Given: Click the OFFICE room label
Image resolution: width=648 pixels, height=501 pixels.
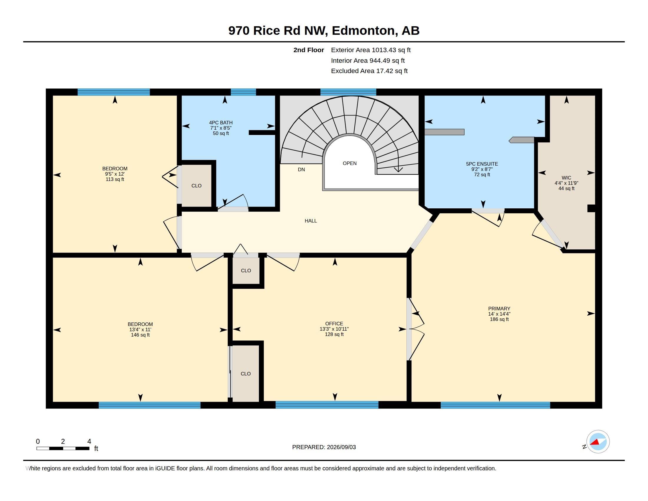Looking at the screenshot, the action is coord(334,324).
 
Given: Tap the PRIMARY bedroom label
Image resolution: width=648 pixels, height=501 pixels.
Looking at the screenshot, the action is coord(499,308).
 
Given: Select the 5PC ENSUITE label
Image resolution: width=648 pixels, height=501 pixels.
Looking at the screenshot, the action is coord(482,164).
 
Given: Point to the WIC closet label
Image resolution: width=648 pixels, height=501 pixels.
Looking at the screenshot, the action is coord(566,178).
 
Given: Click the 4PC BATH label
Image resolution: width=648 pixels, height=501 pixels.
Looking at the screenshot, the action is coord(221,123).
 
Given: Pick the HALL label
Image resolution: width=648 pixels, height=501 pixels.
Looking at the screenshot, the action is coord(311,221).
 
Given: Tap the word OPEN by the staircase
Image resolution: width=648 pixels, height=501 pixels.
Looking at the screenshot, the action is coord(350,163).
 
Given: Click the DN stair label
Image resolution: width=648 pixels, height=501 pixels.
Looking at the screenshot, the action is coord(301,169).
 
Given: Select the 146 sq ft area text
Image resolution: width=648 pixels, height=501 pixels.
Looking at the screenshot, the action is coord(140,335).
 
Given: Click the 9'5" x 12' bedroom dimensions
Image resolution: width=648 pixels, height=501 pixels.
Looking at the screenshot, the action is coord(115,174).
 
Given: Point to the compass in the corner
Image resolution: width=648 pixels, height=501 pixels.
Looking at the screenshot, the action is coord(598,442).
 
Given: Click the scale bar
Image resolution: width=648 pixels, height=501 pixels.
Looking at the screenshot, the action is coord(63,448).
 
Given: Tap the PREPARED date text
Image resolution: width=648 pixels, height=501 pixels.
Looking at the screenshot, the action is coord(324,447).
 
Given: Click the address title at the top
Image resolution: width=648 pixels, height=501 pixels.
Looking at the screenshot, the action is coord(324,31).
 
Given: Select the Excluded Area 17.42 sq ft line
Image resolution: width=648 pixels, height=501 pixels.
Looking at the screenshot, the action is coord(369,71).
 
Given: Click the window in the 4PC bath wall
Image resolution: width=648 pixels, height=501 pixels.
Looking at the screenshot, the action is coord(243,92).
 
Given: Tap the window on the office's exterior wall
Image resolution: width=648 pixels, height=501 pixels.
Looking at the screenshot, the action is coord(327,405).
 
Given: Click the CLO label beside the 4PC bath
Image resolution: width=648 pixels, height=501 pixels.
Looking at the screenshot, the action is coord(196,186).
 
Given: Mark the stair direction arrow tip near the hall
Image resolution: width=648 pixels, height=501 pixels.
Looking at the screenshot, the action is coord(398,172).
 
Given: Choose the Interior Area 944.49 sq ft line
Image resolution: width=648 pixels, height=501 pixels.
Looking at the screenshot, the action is coord(368,60).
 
